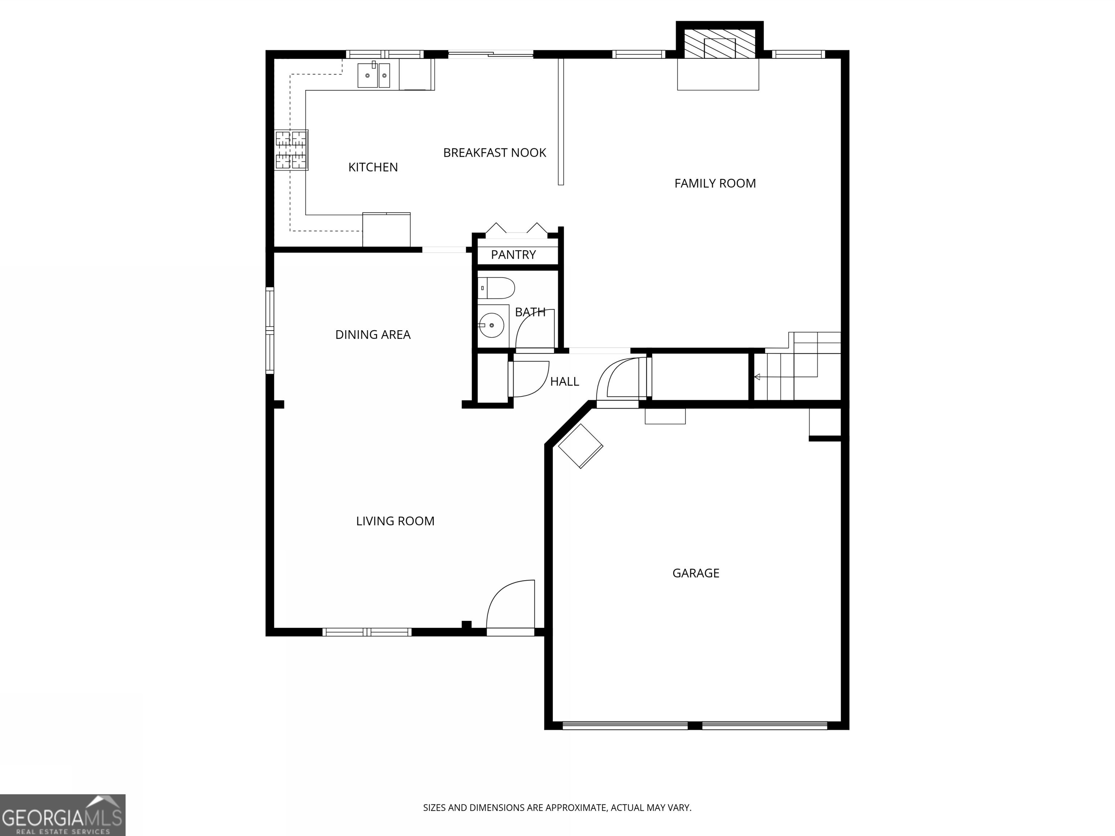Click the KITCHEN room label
(373, 167)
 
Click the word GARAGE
(696, 573)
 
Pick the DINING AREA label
(373, 335)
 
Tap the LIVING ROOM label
(395, 521)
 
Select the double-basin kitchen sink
(373, 75)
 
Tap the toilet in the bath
(497, 288)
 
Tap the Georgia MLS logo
(62, 815)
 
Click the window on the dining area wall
(270, 331)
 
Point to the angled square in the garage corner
(581, 446)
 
